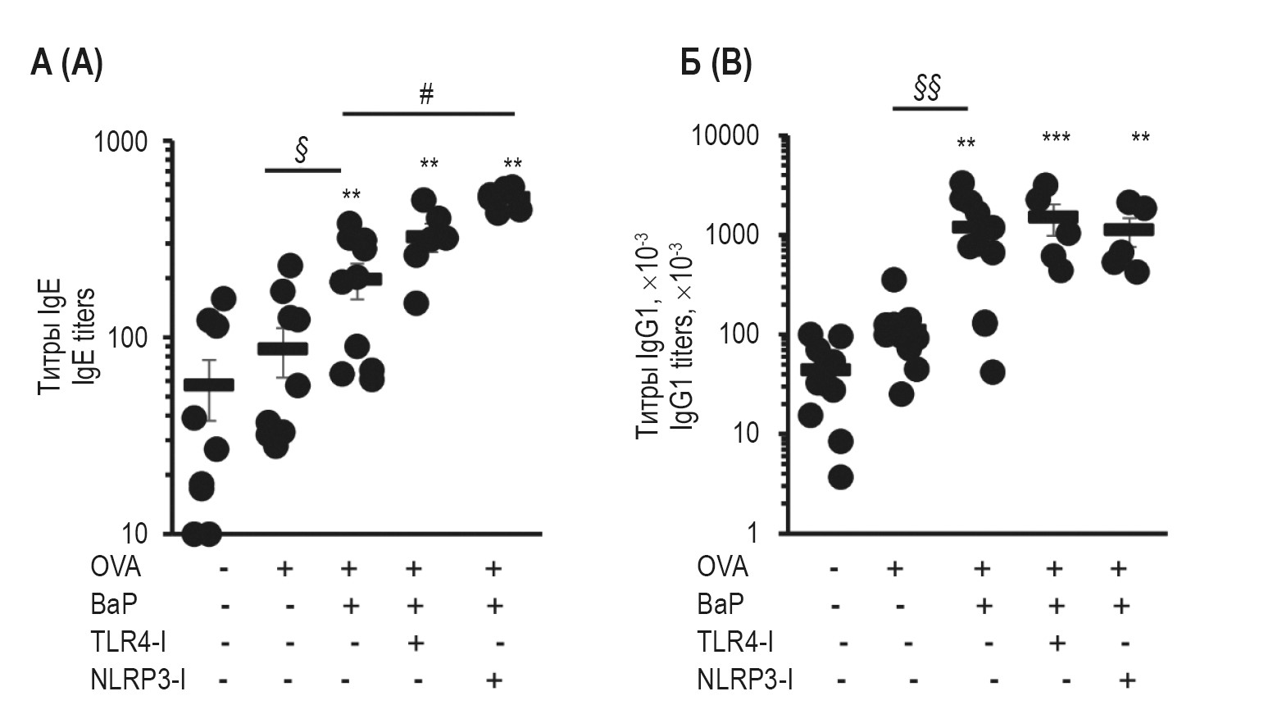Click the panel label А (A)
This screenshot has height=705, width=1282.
(x=66, y=63)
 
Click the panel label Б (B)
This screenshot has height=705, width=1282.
(x=716, y=63)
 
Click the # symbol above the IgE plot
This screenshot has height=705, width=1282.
(x=426, y=94)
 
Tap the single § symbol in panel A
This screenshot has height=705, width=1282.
(x=301, y=151)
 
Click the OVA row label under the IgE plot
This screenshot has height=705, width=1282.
(x=116, y=567)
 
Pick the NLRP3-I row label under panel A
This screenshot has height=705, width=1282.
(x=137, y=680)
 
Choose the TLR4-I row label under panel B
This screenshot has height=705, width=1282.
(x=735, y=642)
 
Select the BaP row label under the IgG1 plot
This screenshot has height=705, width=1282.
(x=721, y=605)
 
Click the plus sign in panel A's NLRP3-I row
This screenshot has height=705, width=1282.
(x=493, y=680)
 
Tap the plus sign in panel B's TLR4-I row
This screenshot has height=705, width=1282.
(x=1057, y=642)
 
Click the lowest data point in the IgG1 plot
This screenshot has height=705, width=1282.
(x=841, y=477)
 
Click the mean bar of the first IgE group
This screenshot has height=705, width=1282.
(x=208, y=385)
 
